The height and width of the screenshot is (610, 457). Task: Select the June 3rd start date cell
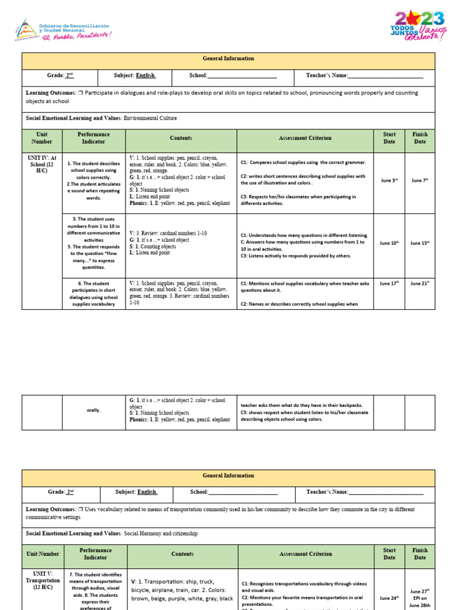tap(389, 180)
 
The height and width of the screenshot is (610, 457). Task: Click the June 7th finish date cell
tap(420, 180)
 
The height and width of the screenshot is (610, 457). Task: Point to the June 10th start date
tap(389, 243)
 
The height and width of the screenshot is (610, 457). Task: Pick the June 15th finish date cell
tap(420, 243)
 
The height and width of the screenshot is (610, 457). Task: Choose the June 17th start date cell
tap(389, 284)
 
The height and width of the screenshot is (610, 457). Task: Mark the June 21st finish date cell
tap(420, 284)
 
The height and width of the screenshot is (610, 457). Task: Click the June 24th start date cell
tap(389, 597)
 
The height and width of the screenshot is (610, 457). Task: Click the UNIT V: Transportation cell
tap(42, 580)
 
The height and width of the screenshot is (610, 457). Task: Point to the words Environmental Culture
tap(150, 118)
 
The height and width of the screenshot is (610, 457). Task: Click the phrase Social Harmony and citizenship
tap(161, 534)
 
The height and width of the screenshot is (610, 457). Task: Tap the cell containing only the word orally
tap(93, 410)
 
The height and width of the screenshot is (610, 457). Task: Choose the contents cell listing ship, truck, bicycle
tap(181, 590)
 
